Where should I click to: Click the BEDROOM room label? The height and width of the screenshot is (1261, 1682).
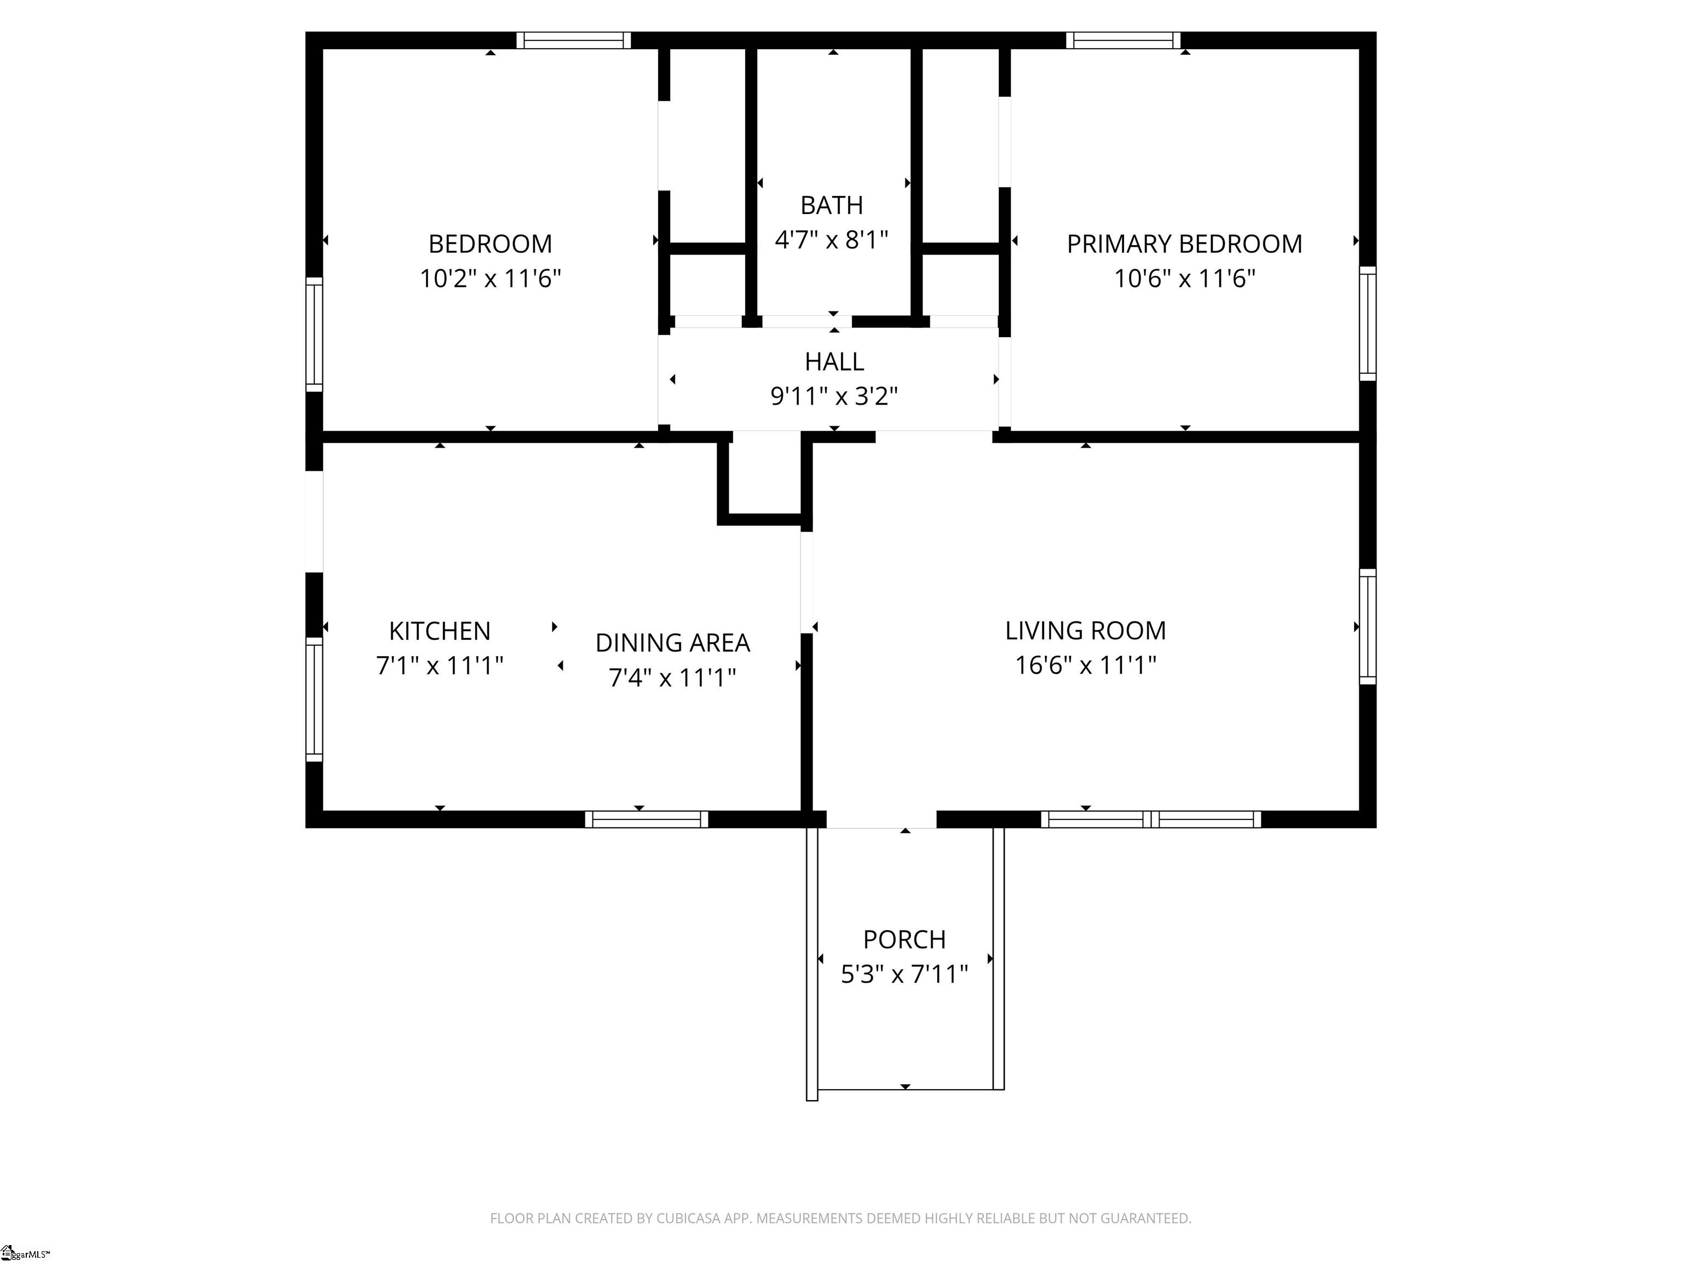pos(491,244)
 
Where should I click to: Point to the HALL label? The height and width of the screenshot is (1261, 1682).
pos(834,362)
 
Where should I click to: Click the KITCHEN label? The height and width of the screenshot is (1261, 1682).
pos(440,631)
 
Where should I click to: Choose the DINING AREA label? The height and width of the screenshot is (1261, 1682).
pos(672,643)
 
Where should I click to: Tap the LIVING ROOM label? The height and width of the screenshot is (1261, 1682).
pos(1085,631)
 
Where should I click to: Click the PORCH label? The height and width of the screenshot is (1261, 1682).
pos(904,940)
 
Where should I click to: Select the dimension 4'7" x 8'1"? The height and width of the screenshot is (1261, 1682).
pos(832,240)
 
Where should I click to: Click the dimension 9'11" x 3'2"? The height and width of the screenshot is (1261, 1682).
pos(834,396)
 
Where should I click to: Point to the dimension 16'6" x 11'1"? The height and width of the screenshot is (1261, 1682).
pos(1085,665)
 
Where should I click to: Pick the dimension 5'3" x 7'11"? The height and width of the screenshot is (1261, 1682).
pos(904,974)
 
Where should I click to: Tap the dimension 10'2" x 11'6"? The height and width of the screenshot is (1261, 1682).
pos(491,278)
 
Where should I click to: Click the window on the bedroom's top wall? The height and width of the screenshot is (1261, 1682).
pos(574,41)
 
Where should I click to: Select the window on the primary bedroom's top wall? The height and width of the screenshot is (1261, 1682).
pos(1123,41)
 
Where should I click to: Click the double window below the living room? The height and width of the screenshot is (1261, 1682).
pos(1150,819)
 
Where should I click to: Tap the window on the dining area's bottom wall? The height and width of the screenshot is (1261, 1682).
pos(646,819)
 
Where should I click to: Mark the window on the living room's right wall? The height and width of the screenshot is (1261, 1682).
pos(1367,626)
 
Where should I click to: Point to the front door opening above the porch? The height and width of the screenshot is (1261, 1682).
pos(882,819)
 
